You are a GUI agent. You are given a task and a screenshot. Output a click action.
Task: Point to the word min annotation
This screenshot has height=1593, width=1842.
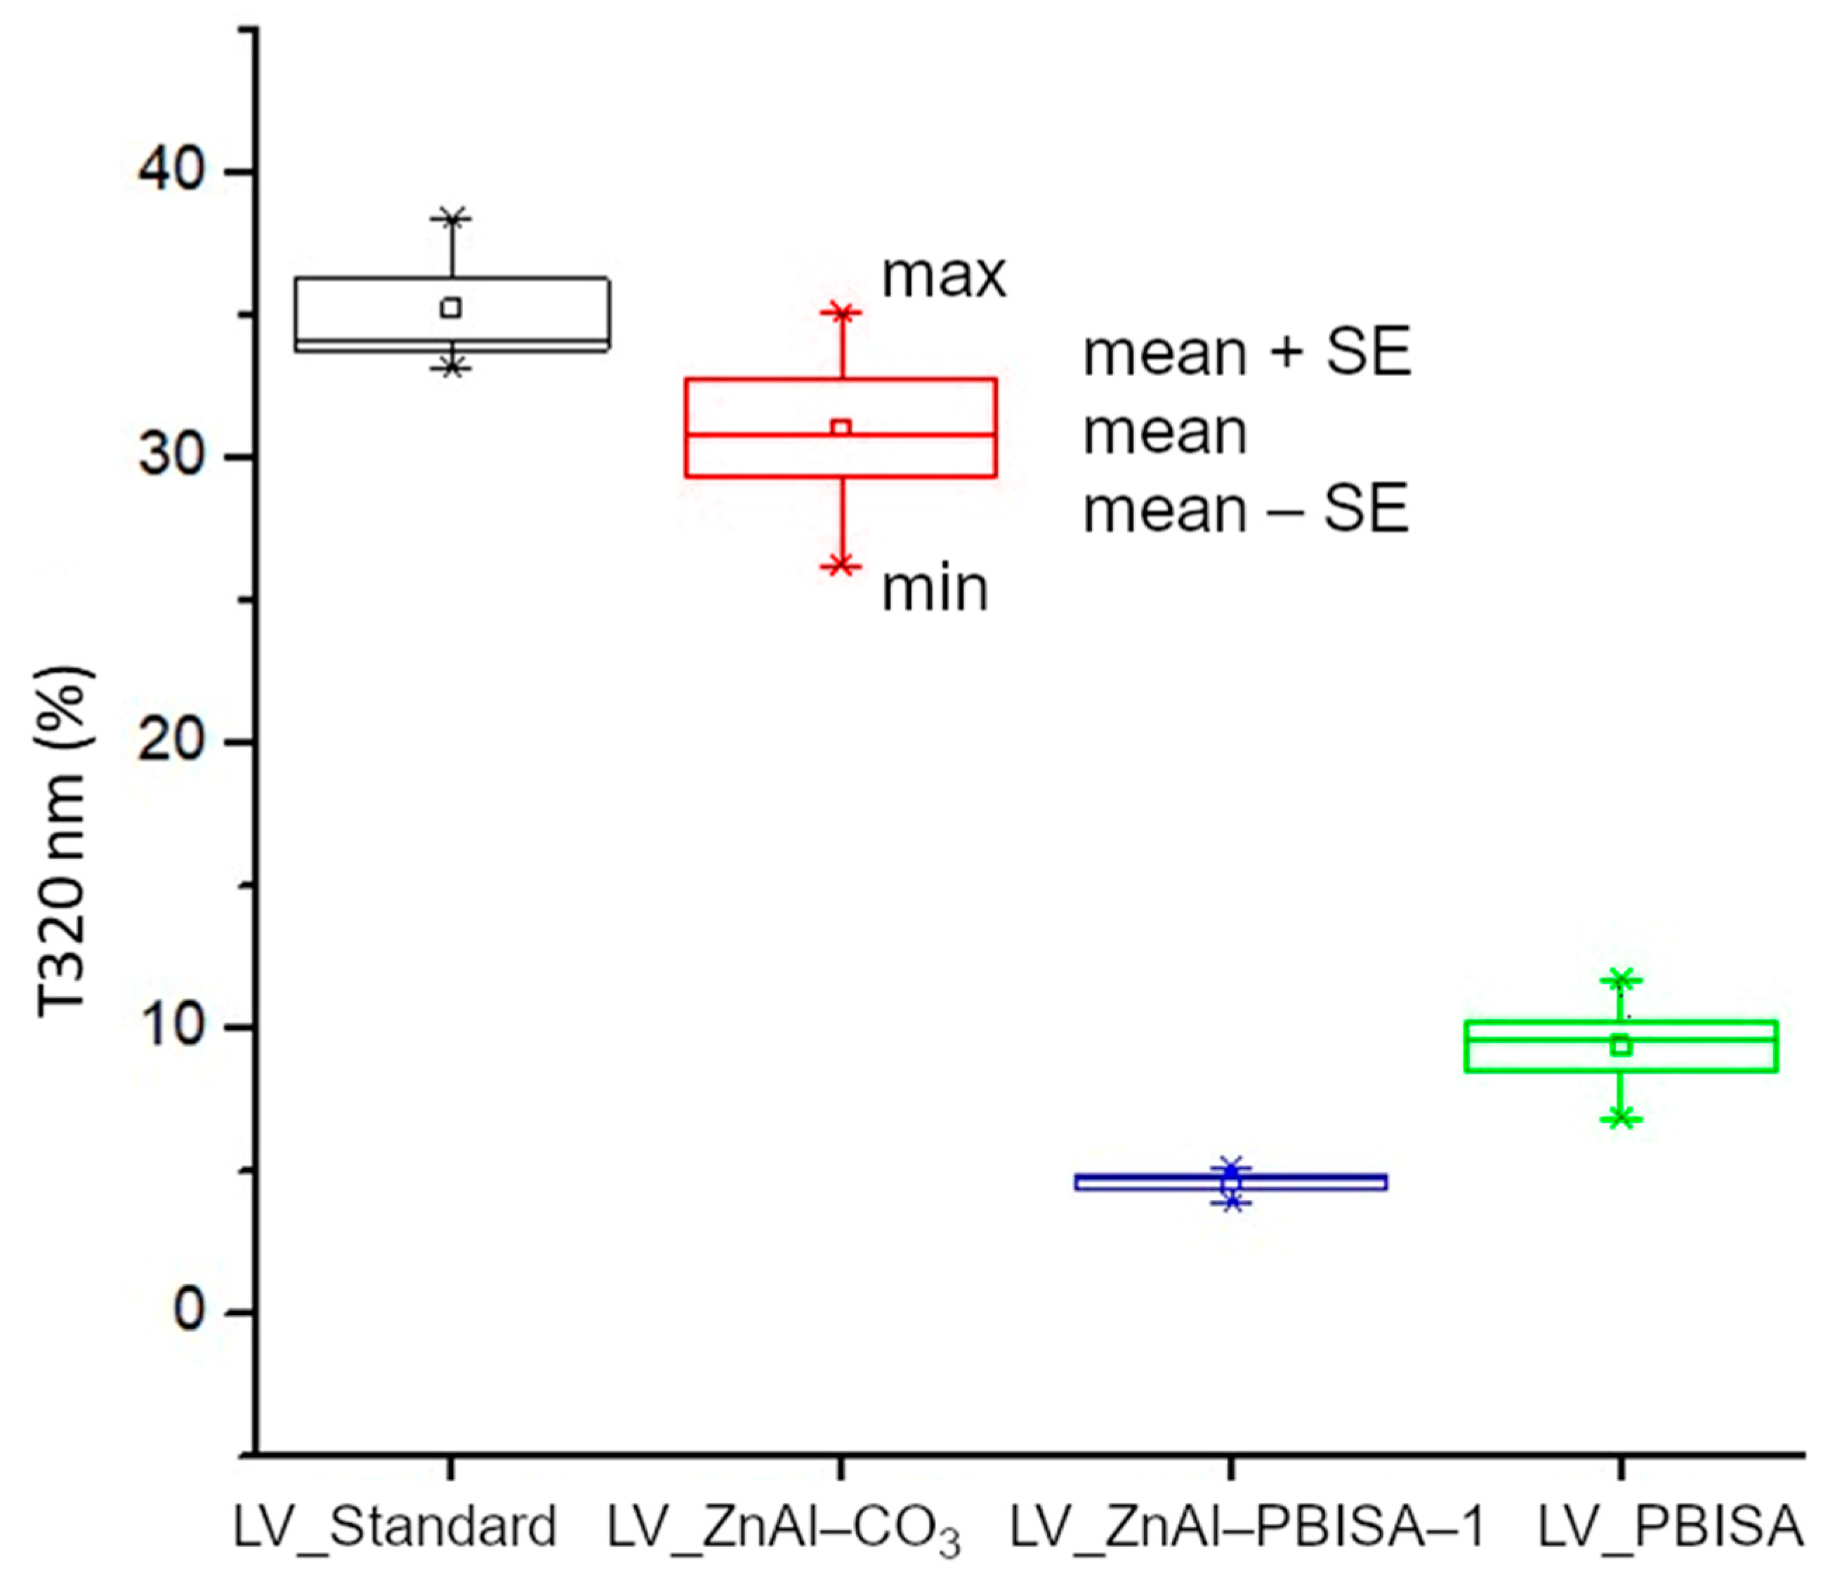[x=935, y=589]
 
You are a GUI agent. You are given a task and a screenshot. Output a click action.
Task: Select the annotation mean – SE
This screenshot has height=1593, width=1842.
[x=1245, y=510]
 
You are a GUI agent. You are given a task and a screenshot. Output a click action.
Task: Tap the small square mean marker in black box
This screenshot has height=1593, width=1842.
[x=451, y=307]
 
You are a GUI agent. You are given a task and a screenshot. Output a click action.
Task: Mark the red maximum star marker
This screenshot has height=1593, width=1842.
[x=841, y=312]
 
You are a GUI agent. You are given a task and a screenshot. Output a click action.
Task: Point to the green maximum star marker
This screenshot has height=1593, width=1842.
[x=1621, y=980]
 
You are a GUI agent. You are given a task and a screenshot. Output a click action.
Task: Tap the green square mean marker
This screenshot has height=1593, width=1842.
[x=1621, y=1046]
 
